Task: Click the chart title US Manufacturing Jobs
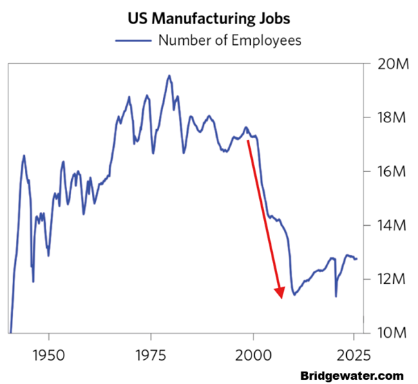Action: (x=207, y=17)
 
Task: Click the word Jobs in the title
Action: (x=267, y=17)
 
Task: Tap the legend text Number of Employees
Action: (x=230, y=40)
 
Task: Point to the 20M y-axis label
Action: (x=388, y=64)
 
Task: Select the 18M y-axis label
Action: (x=388, y=118)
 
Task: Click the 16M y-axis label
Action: (x=388, y=172)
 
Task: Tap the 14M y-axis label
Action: (x=388, y=226)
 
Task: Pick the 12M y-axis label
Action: (x=388, y=280)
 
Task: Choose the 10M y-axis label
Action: (x=388, y=333)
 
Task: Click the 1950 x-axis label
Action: (x=49, y=355)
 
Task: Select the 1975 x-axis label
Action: (x=151, y=355)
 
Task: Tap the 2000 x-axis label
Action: (x=254, y=355)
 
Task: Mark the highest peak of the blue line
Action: (x=169, y=75)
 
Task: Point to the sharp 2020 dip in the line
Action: (x=336, y=296)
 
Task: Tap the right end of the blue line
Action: (x=357, y=259)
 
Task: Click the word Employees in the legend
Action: (x=266, y=40)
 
